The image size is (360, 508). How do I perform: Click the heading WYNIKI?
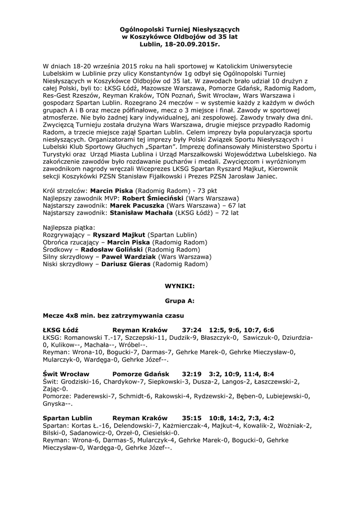pos(179,287)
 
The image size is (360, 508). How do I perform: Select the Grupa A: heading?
pos(179,301)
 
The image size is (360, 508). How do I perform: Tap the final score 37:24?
pos(192,329)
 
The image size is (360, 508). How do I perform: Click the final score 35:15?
pos(192,418)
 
